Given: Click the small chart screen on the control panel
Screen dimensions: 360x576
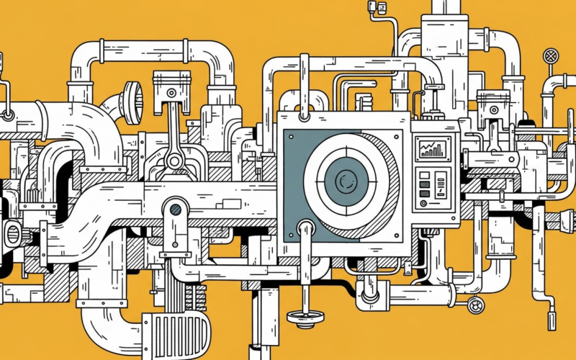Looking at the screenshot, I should (x=433, y=150).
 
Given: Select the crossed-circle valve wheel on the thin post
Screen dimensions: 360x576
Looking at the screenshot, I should (x=551, y=55).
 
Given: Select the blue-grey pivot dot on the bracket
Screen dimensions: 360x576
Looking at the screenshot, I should (x=175, y=210).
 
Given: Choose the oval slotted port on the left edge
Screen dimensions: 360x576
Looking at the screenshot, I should (x=12, y=233).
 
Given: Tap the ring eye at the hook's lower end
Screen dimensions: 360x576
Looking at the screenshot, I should (x=7, y=114).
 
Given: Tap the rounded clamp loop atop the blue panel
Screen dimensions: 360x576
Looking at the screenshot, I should (x=303, y=108).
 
